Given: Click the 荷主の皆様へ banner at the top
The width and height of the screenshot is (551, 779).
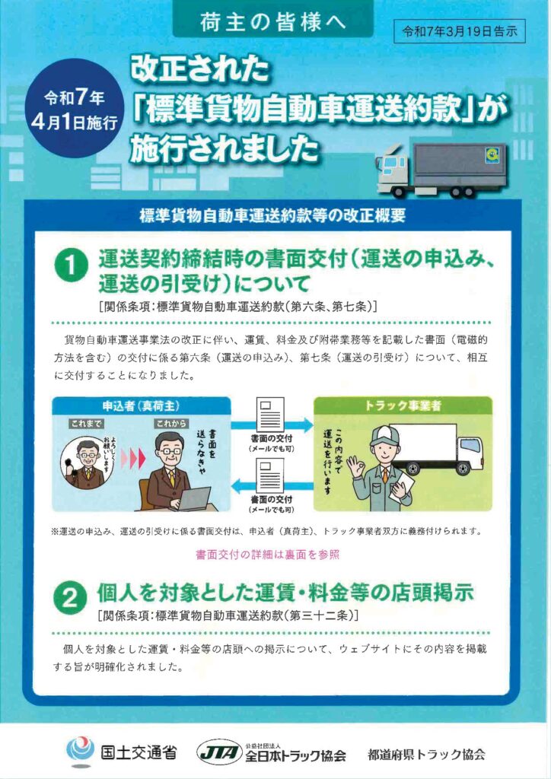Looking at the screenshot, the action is [x=272, y=22].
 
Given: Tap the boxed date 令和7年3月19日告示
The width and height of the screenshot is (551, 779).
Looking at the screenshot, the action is [x=459, y=32].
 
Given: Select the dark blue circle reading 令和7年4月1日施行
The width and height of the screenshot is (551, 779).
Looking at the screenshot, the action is [x=74, y=108].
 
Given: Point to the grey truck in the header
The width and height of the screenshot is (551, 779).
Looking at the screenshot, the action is [x=441, y=170].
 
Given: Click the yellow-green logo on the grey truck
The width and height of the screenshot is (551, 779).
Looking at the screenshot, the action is [x=492, y=155].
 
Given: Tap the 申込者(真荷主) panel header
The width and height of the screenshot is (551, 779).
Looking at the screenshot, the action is [x=141, y=405].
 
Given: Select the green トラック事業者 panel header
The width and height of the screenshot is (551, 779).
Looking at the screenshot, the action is [x=403, y=405].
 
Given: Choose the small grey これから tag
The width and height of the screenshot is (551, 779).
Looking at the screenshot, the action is [x=170, y=424].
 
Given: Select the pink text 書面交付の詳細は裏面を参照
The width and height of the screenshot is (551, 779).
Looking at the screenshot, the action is [x=268, y=555].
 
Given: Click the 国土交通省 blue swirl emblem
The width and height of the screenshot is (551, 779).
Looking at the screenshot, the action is [x=80, y=751].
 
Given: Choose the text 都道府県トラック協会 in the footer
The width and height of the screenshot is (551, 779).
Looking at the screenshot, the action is [x=426, y=755].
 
